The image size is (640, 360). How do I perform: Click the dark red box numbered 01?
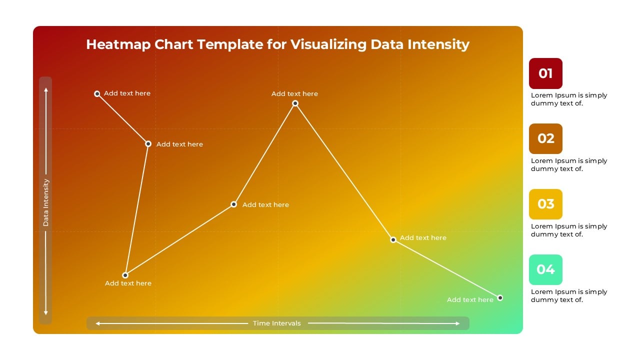tap(545, 73)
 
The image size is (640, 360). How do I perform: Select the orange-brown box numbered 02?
tap(545, 138)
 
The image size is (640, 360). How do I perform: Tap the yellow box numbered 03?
tap(545, 204)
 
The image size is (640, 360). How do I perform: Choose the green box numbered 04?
tap(545, 269)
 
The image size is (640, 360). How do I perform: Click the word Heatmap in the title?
tap(118, 44)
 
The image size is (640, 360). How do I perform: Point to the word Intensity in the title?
tap(438, 44)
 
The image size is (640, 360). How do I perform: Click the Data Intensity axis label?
tap(46, 202)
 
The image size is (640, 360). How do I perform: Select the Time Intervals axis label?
tap(277, 323)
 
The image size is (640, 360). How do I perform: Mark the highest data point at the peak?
tap(295, 103)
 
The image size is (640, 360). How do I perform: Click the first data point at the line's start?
tap(97, 93)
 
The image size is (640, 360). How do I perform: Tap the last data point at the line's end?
tap(500, 297)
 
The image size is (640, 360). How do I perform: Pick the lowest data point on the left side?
tap(125, 275)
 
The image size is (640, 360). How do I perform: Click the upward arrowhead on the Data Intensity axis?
tap(46, 90)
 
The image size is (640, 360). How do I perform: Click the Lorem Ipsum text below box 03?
tap(568, 230)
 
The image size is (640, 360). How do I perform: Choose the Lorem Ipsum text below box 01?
tap(568, 99)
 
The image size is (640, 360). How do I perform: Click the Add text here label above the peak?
tap(294, 93)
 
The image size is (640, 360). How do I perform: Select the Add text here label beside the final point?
tap(470, 299)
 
